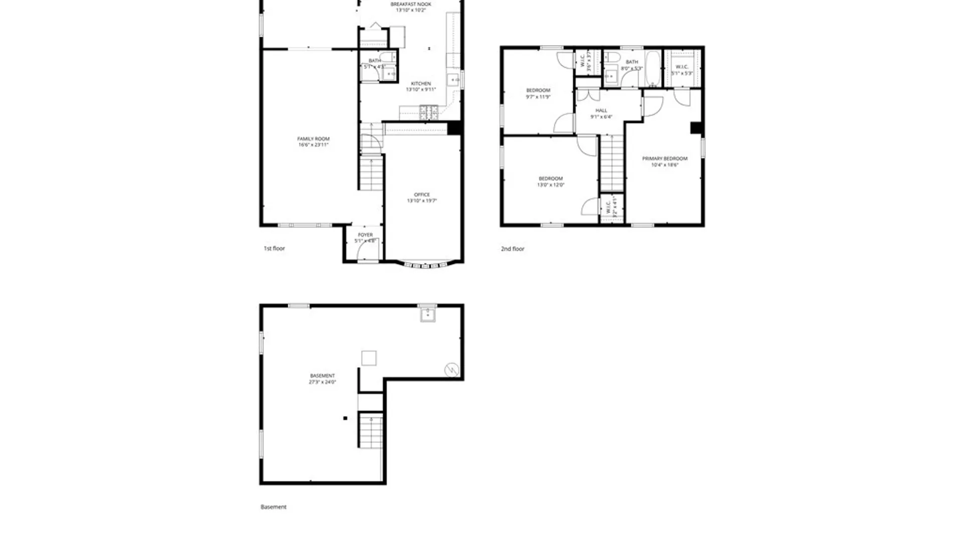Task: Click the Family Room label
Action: coord(313,142)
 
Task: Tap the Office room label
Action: coord(422,197)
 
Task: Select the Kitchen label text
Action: coord(421,86)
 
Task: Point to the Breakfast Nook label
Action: coord(411,7)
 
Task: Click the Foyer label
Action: coord(365,237)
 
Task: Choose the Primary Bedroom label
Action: coord(665,161)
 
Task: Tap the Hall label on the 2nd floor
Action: coord(601,113)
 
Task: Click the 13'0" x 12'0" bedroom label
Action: coord(551,181)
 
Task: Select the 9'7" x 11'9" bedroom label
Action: coord(538,93)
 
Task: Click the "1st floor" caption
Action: coord(274,248)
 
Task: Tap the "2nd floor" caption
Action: coord(513,248)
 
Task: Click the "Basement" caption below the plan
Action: coord(273,507)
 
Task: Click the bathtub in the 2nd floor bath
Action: coord(653,69)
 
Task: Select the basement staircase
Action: coord(371,431)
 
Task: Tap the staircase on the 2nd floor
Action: coord(612,163)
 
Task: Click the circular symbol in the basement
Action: coord(452,370)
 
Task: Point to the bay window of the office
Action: coord(425,263)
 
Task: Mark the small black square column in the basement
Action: coord(345,418)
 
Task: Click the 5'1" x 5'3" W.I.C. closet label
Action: coord(682,70)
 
